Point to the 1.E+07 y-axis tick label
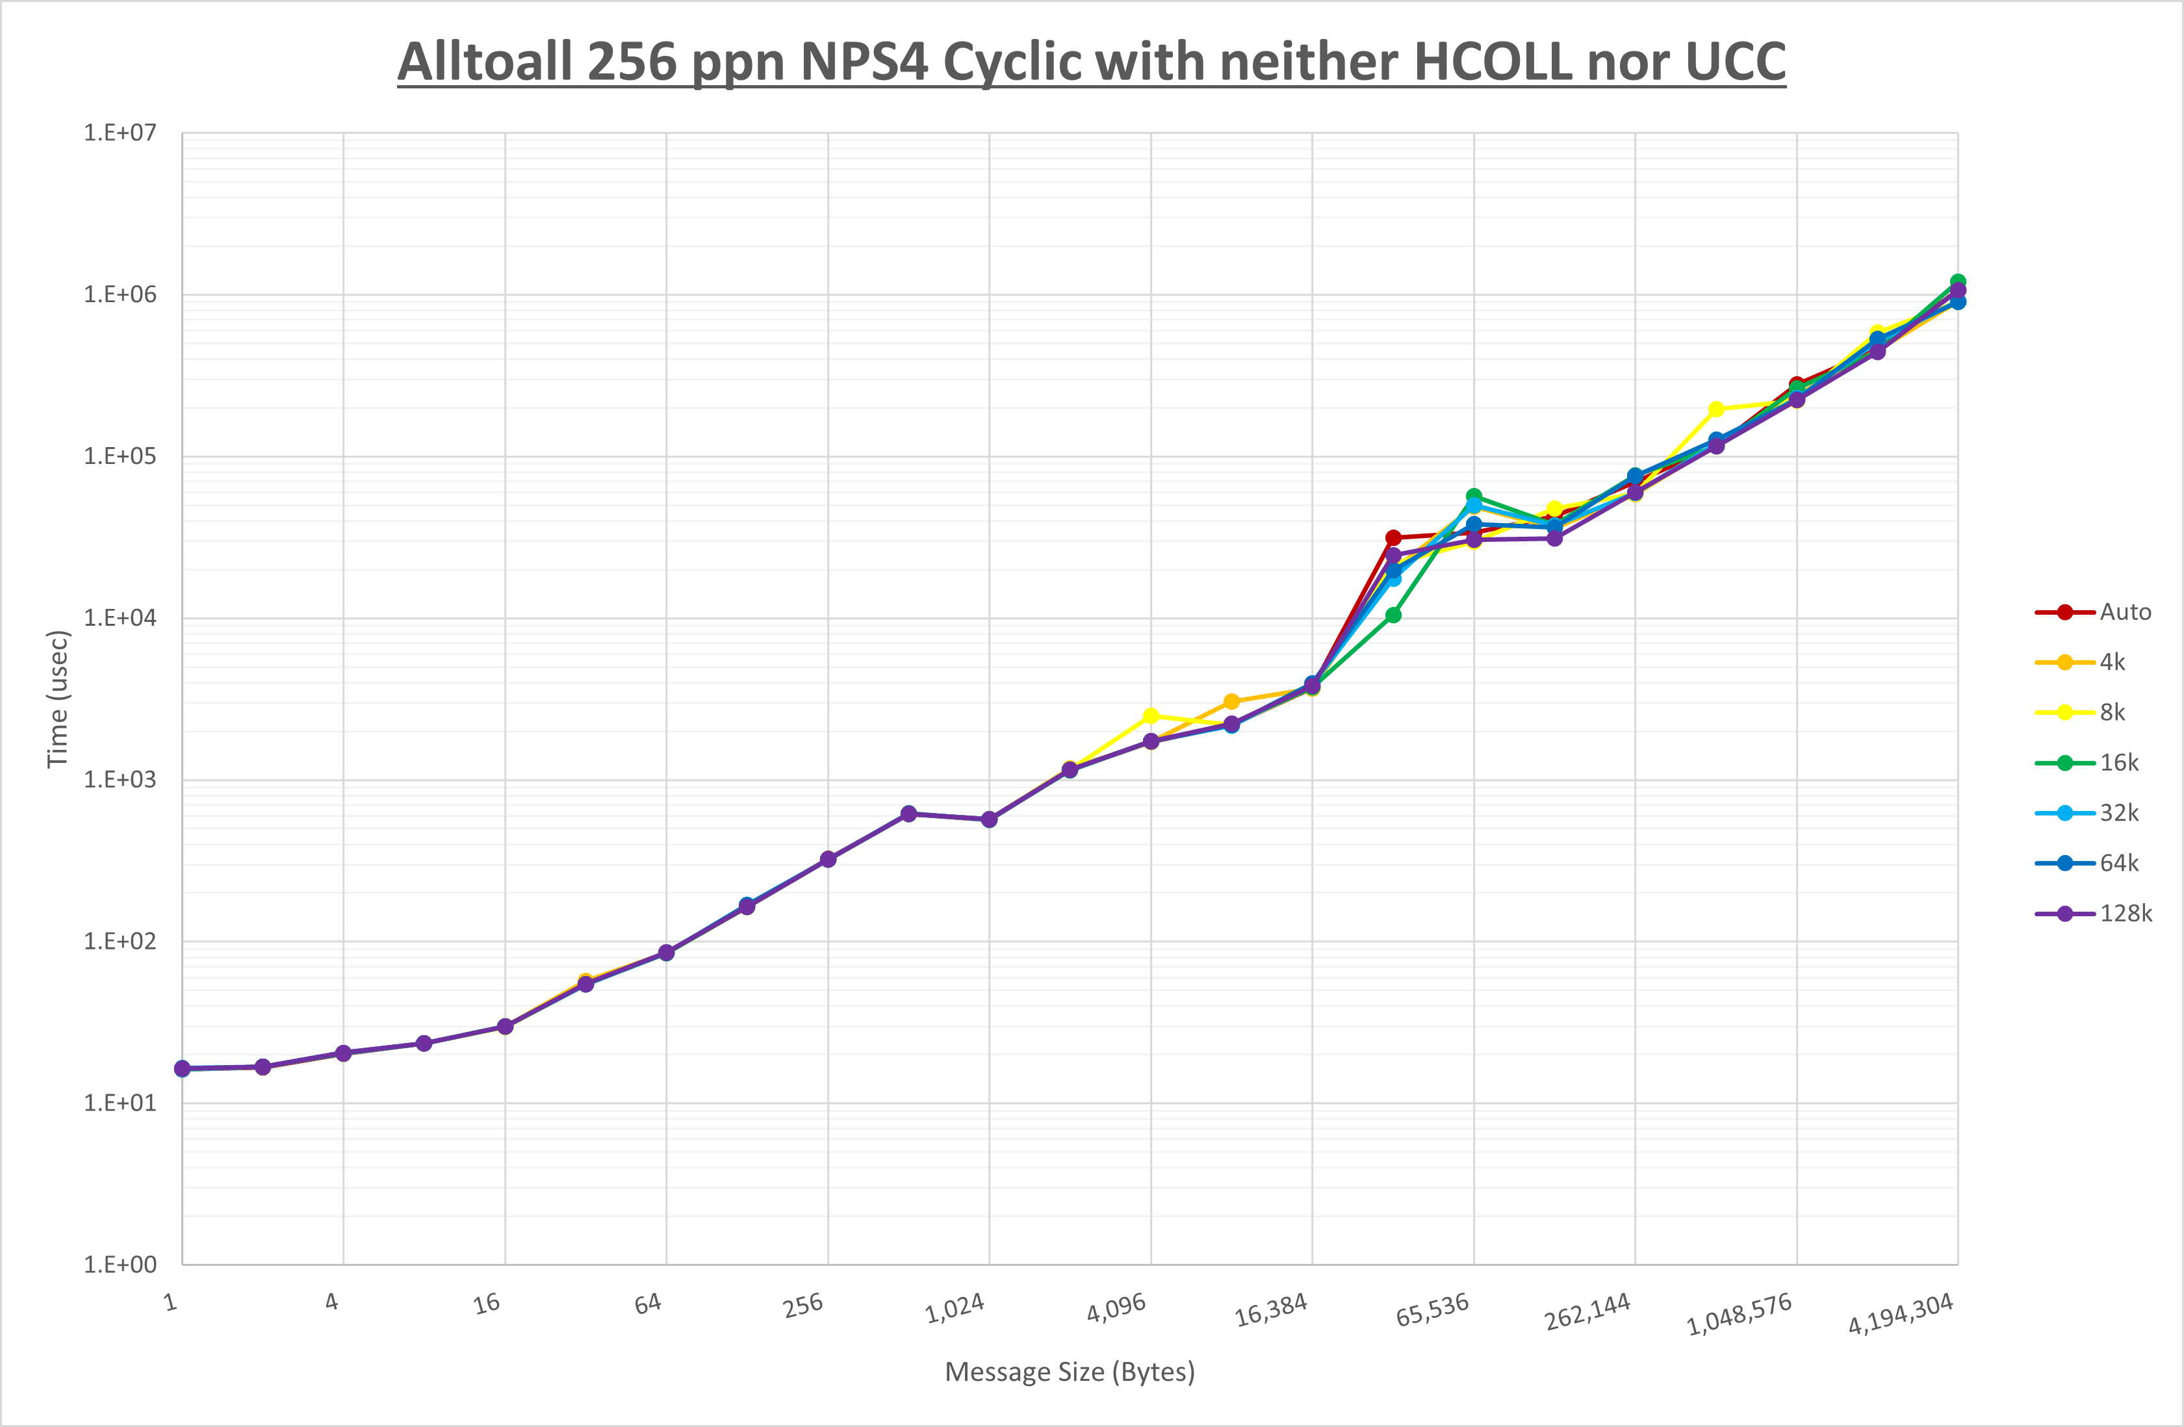point(120,133)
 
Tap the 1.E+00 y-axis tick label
point(120,1265)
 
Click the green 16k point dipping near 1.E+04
point(1393,615)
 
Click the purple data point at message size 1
point(183,1069)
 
